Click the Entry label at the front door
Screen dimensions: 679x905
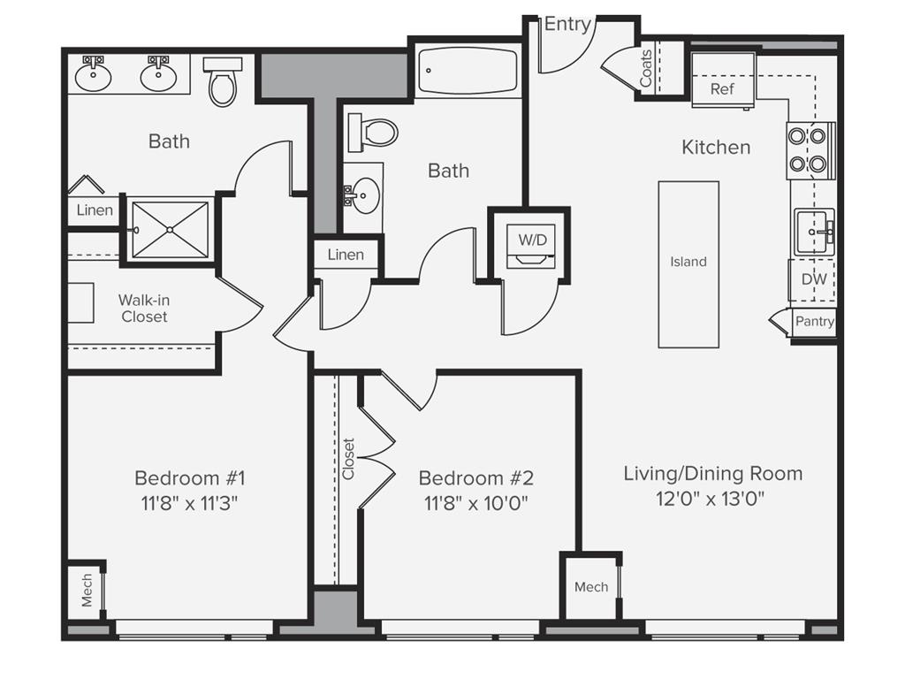point(567,24)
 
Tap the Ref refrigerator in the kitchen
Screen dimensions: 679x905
point(722,89)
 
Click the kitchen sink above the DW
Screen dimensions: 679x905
point(813,233)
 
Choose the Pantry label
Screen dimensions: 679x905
point(814,321)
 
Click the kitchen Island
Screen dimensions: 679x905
point(688,263)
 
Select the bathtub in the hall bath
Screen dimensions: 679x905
point(468,71)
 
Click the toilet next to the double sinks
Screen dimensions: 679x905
point(222,80)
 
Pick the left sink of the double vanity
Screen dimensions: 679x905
point(93,76)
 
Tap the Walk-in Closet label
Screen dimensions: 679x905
point(143,309)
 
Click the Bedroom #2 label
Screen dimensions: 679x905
point(475,478)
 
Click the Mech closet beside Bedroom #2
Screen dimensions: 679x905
point(590,587)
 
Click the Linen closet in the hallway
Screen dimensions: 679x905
point(346,255)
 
